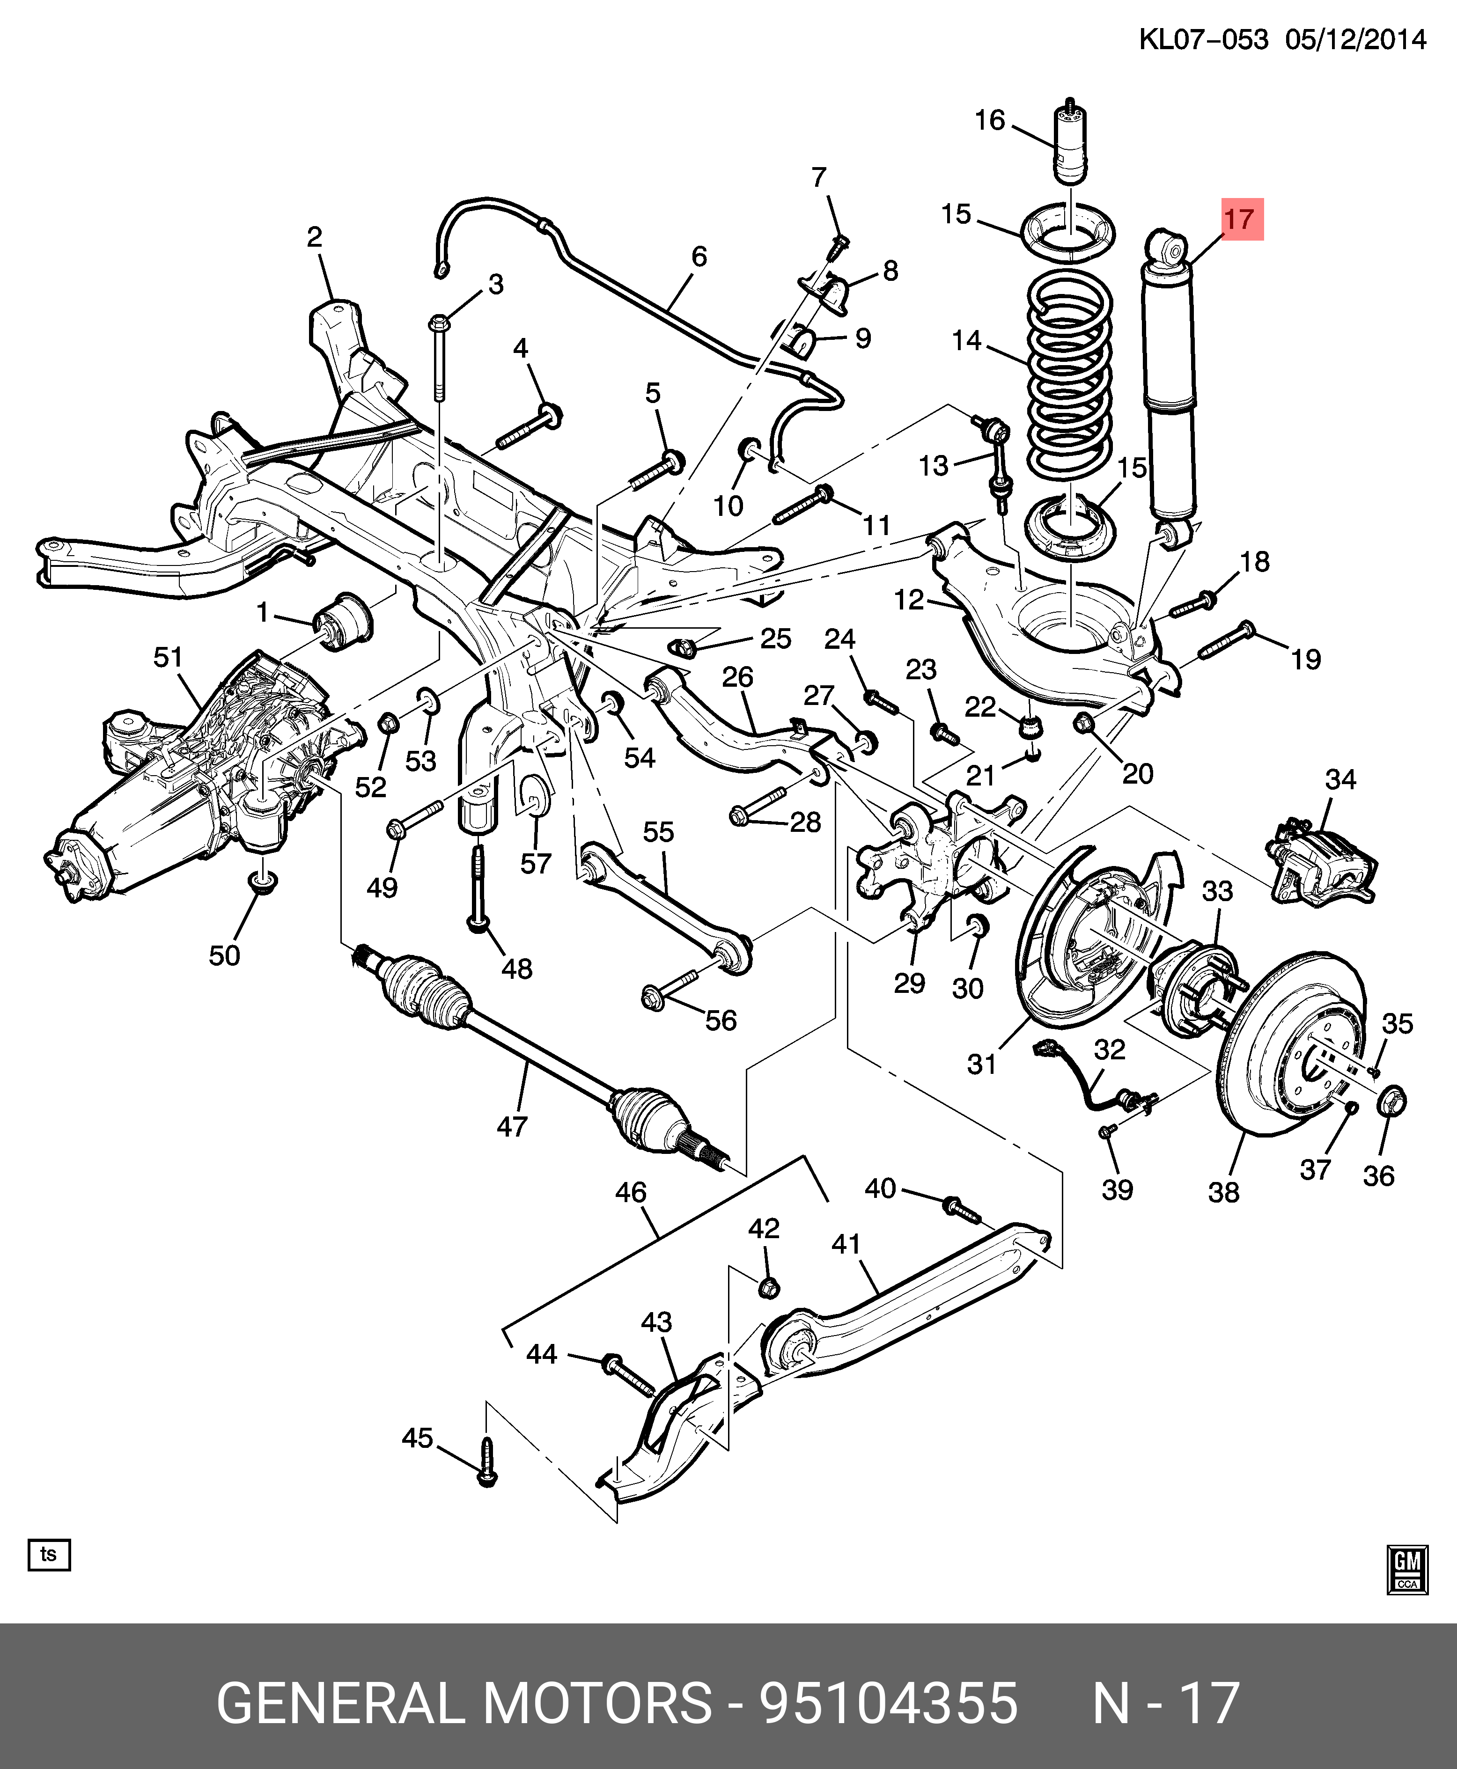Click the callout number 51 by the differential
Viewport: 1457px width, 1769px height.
coord(168,657)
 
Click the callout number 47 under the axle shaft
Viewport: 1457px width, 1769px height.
coord(512,1125)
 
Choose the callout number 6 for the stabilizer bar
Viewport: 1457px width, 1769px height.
coord(699,256)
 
